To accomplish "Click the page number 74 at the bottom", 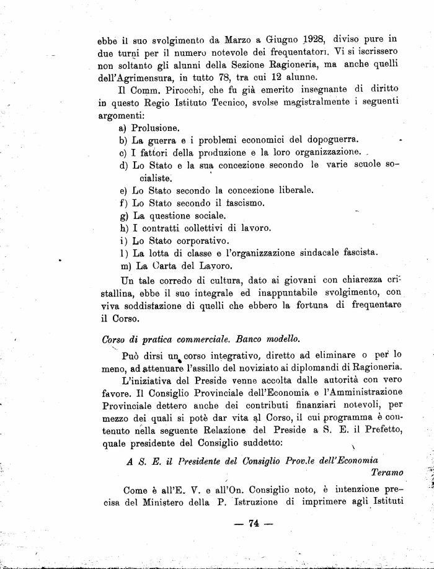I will (x=252, y=523).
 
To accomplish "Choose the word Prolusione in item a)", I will (x=155, y=128).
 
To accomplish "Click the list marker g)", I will (x=123, y=215).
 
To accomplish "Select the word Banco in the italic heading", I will (x=238, y=339).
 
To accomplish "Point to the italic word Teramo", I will (x=387, y=472).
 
